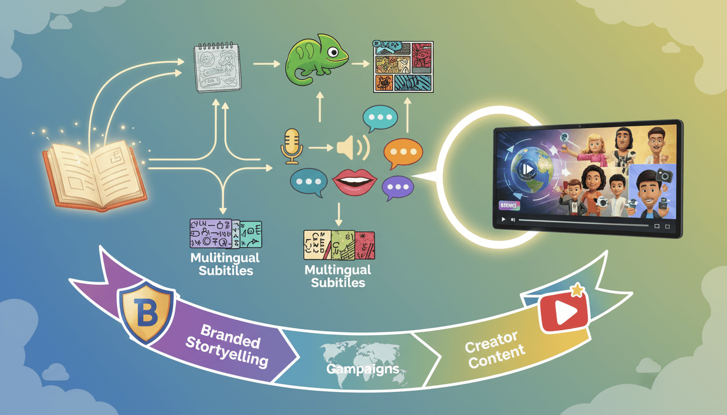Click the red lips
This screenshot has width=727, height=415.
(354, 182)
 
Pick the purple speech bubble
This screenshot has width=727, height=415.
(398, 188)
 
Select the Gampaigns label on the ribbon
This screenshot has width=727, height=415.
(363, 370)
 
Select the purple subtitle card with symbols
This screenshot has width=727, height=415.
(210, 233)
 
